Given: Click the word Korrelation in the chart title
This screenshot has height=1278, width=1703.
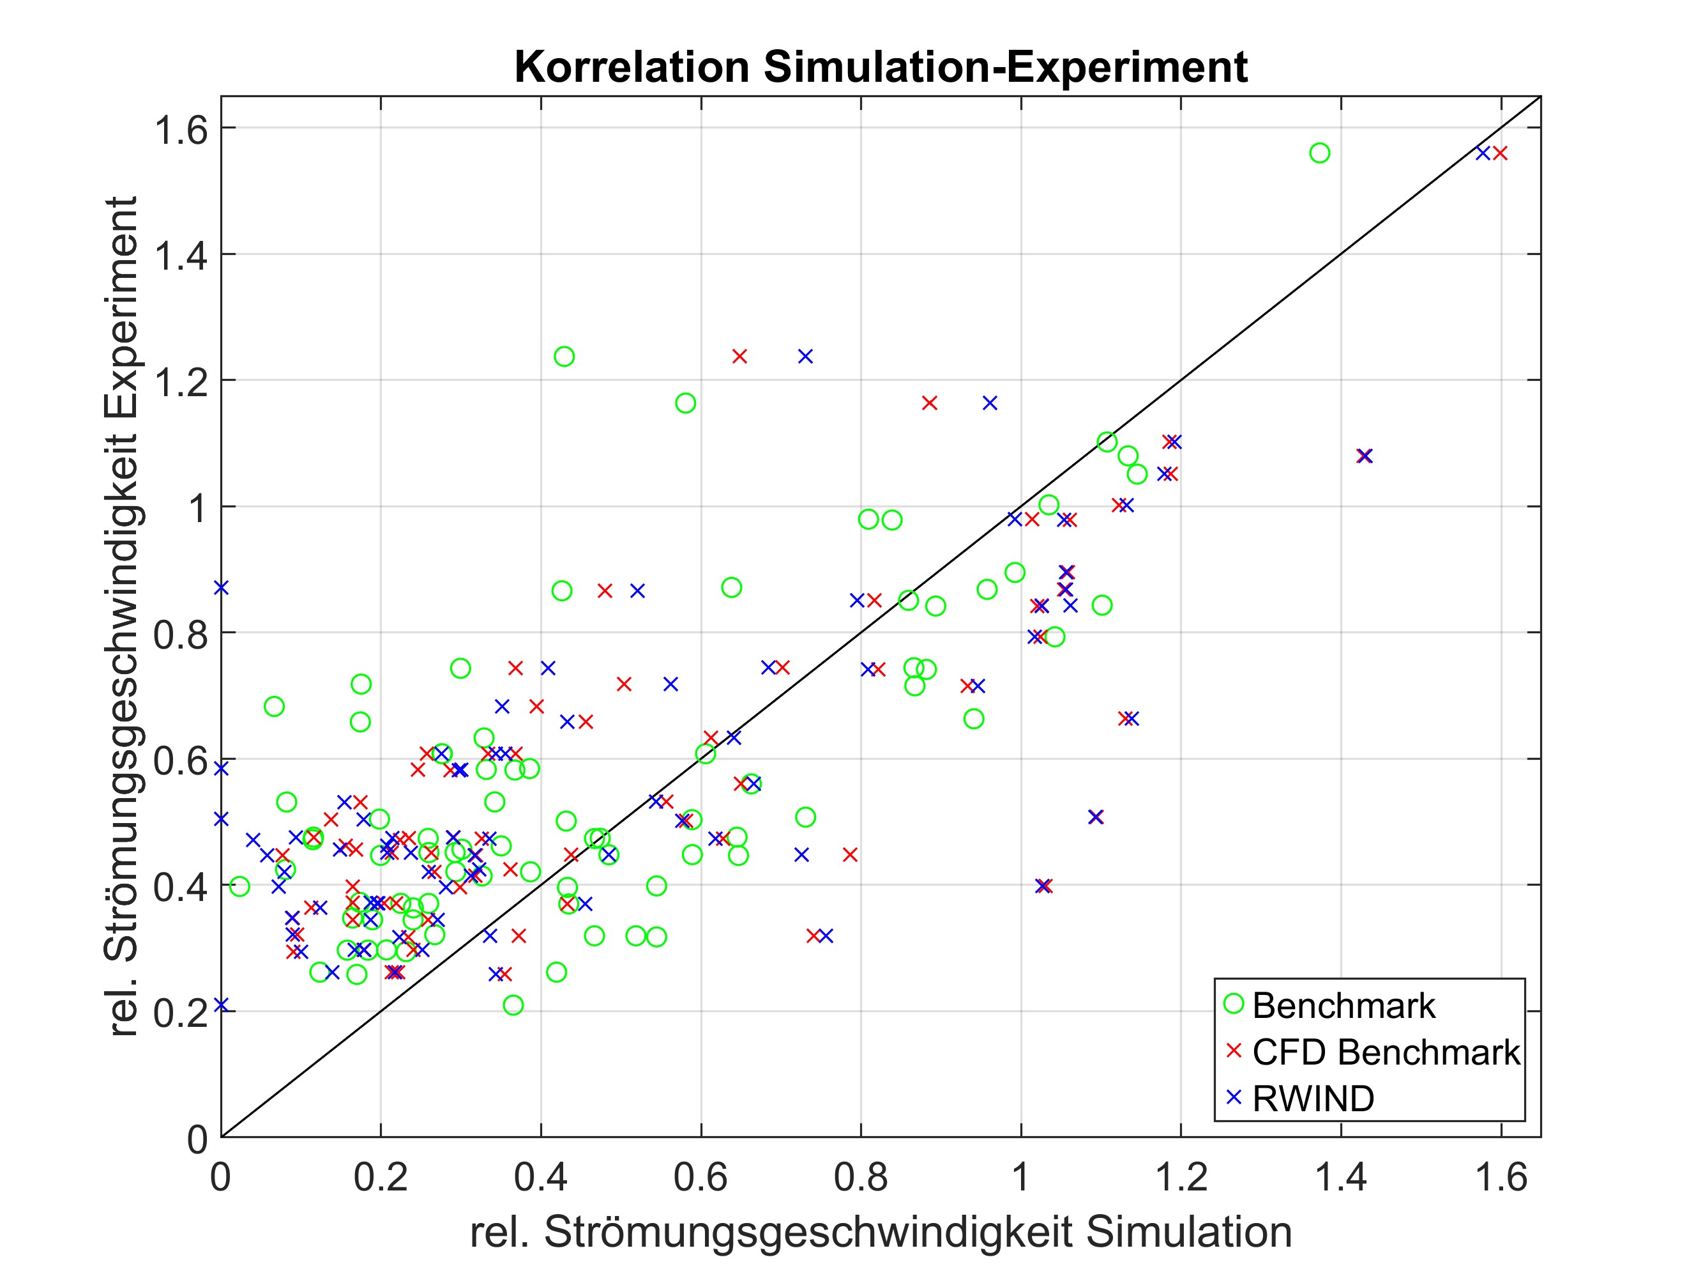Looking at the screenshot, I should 632,67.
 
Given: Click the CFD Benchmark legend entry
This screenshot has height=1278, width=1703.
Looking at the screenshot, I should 1384,1052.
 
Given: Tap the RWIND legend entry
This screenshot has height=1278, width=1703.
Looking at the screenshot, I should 1312,1098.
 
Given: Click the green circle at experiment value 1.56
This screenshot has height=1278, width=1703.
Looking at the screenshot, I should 1320,153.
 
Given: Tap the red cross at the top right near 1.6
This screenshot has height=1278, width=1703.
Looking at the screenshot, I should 1500,153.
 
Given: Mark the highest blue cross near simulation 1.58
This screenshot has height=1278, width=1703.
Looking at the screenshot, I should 1483,153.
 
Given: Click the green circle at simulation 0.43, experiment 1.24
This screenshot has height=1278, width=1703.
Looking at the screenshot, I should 564,357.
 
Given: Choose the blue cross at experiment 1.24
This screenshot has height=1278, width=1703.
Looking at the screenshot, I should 805,357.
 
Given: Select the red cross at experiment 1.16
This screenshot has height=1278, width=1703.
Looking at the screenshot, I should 929,403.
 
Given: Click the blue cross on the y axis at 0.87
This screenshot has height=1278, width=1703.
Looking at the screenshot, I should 222,588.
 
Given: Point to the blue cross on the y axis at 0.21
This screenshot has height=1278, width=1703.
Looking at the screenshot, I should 222,1005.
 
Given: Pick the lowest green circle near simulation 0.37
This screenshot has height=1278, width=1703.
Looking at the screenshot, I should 513,1005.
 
